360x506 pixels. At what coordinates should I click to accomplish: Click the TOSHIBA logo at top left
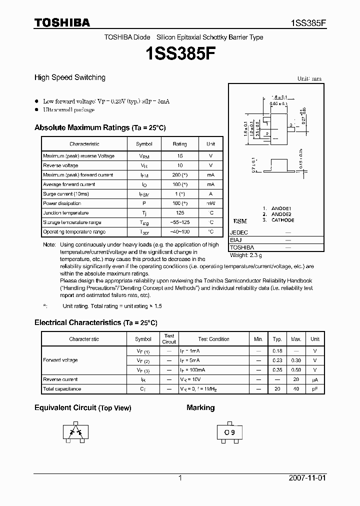point(62,22)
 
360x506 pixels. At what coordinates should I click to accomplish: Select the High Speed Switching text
point(69,77)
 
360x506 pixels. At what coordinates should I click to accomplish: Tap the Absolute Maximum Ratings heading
point(99,127)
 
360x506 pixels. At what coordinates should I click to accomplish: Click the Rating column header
point(179,144)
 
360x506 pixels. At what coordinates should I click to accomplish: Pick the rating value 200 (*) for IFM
point(179,175)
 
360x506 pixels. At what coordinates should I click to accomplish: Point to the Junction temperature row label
point(66,212)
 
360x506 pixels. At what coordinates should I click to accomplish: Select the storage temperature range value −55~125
point(179,222)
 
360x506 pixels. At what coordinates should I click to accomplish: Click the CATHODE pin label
point(282,220)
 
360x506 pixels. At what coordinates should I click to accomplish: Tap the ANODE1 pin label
point(281,208)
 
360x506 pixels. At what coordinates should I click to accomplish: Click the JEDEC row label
point(239,232)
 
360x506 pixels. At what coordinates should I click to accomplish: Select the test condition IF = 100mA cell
point(193,370)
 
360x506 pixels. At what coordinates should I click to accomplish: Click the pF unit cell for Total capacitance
point(314,389)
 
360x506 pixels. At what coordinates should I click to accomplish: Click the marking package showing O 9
point(229,432)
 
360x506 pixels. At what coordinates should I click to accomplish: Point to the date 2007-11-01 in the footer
point(307,478)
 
